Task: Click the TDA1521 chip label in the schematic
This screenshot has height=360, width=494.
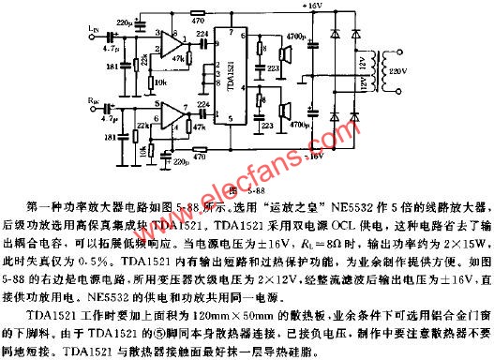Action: (x=232, y=87)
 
